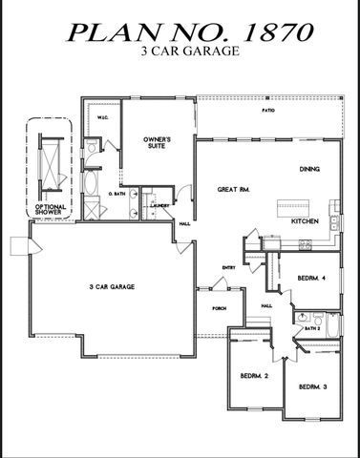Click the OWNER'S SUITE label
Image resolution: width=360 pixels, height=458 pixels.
[157, 144]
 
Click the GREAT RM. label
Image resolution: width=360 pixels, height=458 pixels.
[232, 188]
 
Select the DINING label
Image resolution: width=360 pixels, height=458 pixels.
[309, 169]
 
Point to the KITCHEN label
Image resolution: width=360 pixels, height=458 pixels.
[305, 220]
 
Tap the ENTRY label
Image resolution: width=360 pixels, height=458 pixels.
[228, 267]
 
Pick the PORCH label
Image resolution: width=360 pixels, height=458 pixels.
[219, 308]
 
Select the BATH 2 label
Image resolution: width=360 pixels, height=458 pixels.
[311, 329]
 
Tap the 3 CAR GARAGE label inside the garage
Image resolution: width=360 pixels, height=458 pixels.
[110, 285]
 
